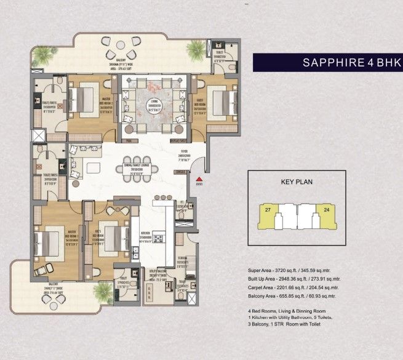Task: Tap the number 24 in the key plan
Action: (x=325, y=210)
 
